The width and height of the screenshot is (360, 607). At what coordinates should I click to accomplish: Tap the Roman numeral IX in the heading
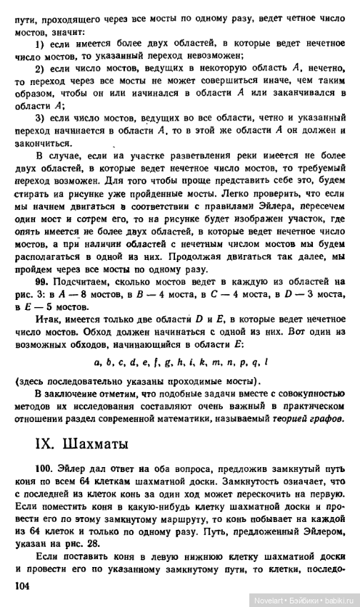pos(25,443)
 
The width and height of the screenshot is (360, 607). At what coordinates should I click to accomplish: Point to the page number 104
pos(24,585)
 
